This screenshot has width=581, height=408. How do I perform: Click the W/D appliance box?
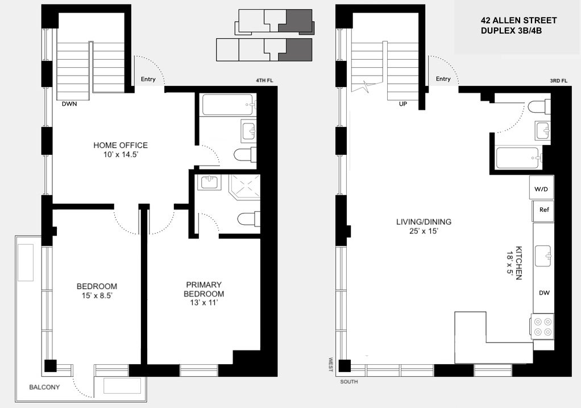541,188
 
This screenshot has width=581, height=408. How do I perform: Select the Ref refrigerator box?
543,210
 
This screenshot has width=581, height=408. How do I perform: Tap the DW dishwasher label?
543,292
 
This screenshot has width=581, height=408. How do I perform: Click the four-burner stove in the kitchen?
542,326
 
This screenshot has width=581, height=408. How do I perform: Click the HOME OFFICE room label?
121,146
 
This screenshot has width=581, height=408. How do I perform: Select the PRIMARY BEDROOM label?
204,289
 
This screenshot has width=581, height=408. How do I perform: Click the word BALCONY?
44,388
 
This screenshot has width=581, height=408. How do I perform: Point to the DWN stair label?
70,104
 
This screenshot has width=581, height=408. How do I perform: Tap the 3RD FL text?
558,81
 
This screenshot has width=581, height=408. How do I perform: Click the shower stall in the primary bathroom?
243,187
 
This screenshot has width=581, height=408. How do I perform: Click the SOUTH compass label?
349,381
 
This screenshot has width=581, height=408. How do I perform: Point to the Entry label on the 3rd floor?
443,79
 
